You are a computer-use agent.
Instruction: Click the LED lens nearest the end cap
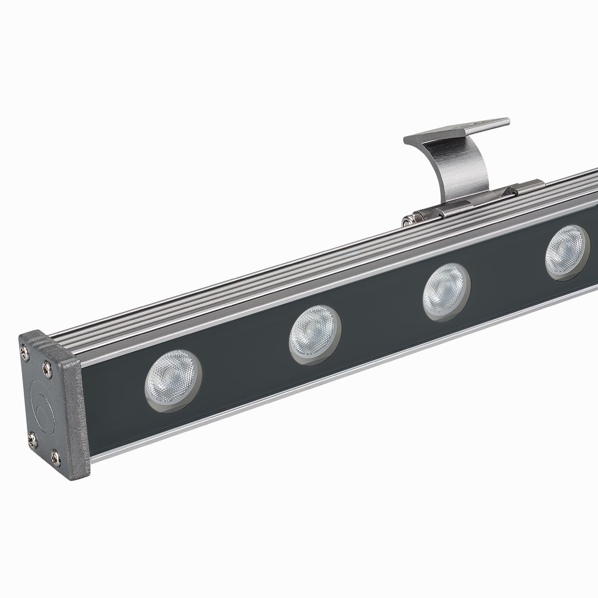[x=173, y=381]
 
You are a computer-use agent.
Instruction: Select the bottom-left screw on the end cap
[x=33, y=440]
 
